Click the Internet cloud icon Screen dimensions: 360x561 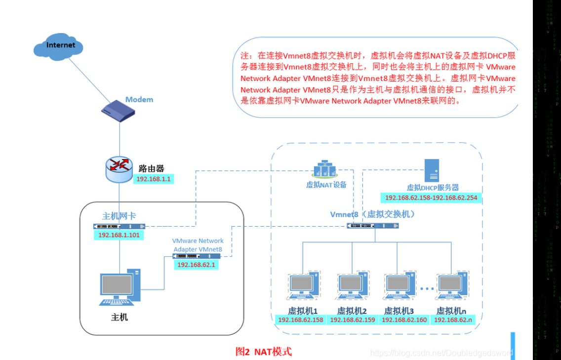pyautogui.click(x=61, y=45)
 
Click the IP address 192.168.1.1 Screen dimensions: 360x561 pyautogui.click(x=153, y=179)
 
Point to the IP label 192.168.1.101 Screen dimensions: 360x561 pyautogui.click(x=119, y=235)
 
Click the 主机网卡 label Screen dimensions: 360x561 pyautogui.click(x=119, y=216)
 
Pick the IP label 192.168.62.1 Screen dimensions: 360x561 pyautogui.click(x=197, y=265)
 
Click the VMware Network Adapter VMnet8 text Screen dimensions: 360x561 pyautogui.click(x=198, y=245)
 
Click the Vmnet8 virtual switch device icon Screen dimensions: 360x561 pyautogui.click(x=372, y=226)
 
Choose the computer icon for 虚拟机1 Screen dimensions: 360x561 pyautogui.click(x=303, y=286)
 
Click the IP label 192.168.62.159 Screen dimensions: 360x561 pyautogui.click(x=353, y=320)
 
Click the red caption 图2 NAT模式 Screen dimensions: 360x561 pyautogui.click(x=264, y=352)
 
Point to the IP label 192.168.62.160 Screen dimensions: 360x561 pyautogui.click(x=404, y=320)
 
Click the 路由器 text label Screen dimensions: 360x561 pyautogui.click(x=151, y=168)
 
